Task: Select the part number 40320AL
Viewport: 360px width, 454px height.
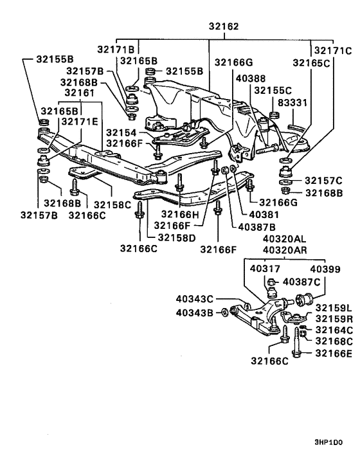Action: click(x=283, y=238)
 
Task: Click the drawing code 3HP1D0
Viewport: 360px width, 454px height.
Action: click(x=328, y=442)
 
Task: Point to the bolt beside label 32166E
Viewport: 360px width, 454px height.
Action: click(x=296, y=346)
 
